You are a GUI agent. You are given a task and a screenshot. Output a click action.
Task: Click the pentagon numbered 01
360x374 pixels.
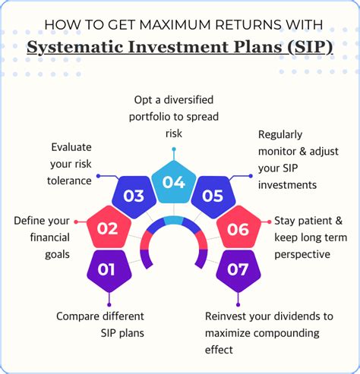[x=109, y=271]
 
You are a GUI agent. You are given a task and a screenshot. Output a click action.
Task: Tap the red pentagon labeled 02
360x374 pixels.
[x=109, y=227]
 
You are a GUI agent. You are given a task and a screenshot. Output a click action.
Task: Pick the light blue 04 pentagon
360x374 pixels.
[x=174, y=182]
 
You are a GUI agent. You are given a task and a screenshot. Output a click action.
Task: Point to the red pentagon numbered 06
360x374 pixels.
[x=238, y=227]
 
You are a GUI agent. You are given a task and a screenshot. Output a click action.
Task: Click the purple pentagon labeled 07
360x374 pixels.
[x=238, y=271]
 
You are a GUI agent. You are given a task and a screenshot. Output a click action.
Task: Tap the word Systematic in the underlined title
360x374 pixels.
[x=75, y=47]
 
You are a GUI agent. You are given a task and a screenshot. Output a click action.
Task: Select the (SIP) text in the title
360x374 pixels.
[x=310, y=47]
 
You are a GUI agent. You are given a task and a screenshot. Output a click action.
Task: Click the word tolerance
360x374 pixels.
[x=69, y=181]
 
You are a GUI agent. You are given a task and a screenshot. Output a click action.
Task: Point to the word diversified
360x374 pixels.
[x=188, y=99]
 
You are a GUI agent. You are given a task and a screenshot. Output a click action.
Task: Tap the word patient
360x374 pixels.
[x=311, y=221]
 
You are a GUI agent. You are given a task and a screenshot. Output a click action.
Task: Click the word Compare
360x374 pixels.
[x=79, y=316]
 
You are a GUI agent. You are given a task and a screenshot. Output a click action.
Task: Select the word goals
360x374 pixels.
[x=57, y=255]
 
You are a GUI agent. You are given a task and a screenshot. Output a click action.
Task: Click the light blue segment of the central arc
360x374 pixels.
[x=174, y=221]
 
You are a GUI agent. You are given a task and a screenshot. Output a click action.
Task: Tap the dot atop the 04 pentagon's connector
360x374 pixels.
[x=174, y=149]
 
